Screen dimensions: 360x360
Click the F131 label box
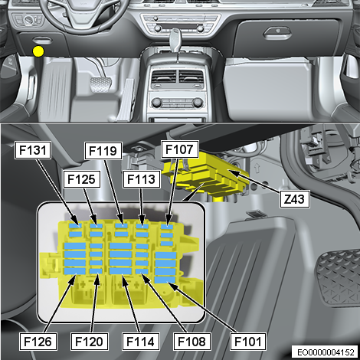point(33,150)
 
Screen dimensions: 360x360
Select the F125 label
point(82,179)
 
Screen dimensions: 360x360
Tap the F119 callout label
point(103,151)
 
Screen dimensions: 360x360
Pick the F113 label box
point(142,179)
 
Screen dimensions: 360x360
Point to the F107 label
point(180,149)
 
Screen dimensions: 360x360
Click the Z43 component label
point(295,198)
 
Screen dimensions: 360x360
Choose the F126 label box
point(38,342)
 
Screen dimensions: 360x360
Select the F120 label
point(89,342)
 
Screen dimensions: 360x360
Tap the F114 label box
point(141,342)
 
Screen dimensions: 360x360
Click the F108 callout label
point(192,342)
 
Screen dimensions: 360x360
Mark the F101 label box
point(248,342)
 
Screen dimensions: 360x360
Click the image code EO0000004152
point(326,352)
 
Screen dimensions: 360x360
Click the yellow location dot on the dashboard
point(38,51)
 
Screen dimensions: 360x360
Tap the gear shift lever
point(176,41)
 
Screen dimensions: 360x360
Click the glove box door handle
point(277,33)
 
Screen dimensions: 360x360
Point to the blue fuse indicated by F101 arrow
point(165,280)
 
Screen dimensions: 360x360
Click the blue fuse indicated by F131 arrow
point(76,225)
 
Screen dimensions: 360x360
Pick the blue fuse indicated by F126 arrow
point(75,271)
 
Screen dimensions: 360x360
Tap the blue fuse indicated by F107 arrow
point(167,227)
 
